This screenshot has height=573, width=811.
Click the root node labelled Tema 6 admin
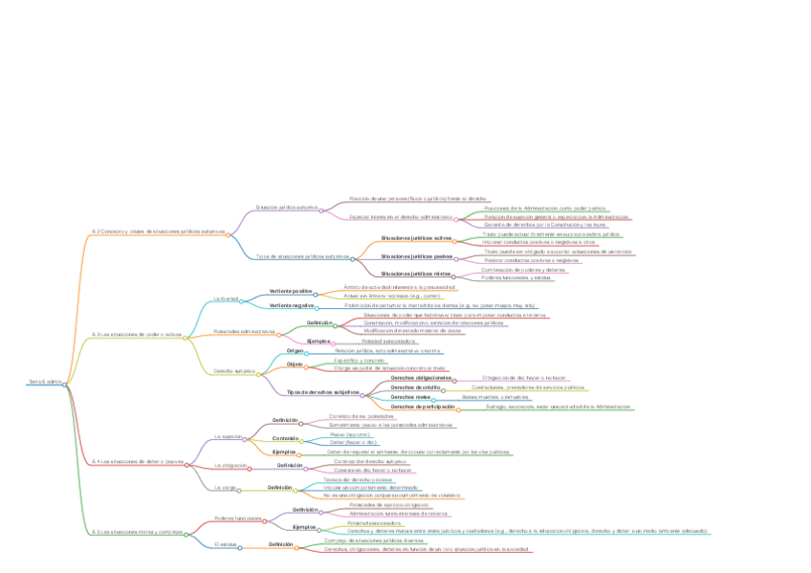click(45, 382)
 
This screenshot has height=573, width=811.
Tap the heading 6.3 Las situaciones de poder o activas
click(137, 335)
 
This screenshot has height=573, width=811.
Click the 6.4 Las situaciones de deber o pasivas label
click(138, 461)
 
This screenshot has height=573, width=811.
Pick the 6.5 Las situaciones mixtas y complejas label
click(137, 531)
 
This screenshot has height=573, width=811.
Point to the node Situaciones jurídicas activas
click(417, 237)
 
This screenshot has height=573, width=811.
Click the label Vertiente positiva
click(291, 291)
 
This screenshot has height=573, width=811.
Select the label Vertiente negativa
click(293, 305)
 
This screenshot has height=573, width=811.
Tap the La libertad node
click(225, 298)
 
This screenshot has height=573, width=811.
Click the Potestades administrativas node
click(245, 332)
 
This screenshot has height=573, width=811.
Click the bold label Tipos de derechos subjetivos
click(322, 392)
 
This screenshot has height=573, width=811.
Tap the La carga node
click(225, 487)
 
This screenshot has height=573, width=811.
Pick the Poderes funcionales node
click(238, 518)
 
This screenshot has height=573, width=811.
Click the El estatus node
click(226, 543)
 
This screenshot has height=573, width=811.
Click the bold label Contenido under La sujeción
click(286, 438)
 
